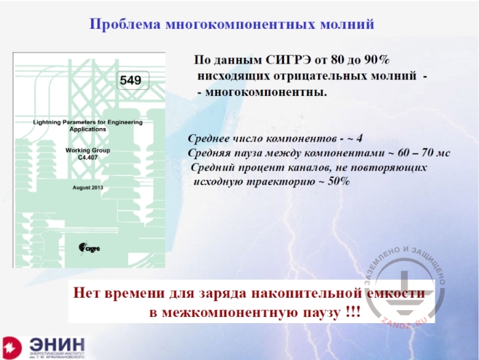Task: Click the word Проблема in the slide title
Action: click(x=126, y=25)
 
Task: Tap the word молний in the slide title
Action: click(x=342, y=25)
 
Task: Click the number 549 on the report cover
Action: click(x=130, y=81)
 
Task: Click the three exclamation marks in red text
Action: click(x=349, y=312)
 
